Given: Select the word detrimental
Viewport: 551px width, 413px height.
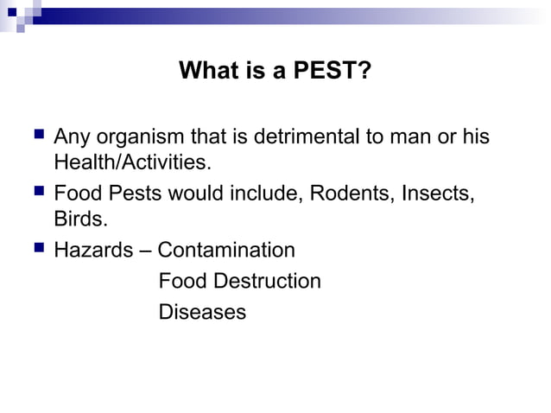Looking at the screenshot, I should [x=298, y=137].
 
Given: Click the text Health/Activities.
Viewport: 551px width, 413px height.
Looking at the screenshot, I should [x=132, y=162].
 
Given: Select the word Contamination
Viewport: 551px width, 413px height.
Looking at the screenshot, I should [x=226, y=251].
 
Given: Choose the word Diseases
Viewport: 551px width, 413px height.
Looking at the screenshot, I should [x=202, y=312].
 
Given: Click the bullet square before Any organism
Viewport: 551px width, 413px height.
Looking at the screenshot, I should [x=35, y=137].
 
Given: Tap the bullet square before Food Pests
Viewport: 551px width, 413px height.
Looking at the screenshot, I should [x=35, y=192].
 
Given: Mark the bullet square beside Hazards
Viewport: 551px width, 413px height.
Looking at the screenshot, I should [x=35, y=250].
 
